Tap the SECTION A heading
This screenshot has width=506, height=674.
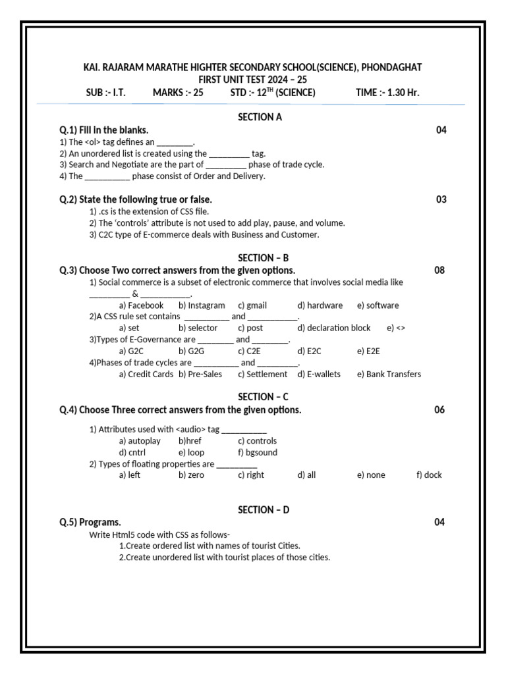click(x=260, y=117)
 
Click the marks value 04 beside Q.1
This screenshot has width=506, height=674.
click(x=441, y=130)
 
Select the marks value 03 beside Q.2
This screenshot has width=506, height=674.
click(x=441, y=199)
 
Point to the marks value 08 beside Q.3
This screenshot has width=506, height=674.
click(x=439, y=270)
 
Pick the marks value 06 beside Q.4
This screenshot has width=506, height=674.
click(x=439, y=409)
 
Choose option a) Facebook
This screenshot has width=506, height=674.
click(x=141, y=305)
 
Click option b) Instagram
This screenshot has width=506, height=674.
click(x=202, y=305)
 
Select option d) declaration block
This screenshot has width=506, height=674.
click(x=333, y=328)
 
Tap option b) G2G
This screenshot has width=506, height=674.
click(x=191, y=351)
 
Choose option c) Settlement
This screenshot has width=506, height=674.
click(x=262, y=374)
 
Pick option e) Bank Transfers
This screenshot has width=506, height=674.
click(x=389, y=374)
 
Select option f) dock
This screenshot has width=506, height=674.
click(x=429, y=475)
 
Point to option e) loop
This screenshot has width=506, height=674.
click(x=191, y=452)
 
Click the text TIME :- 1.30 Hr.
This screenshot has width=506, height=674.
click(x=387, y=92)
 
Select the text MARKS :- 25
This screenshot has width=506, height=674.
click(x=178, y=92)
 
